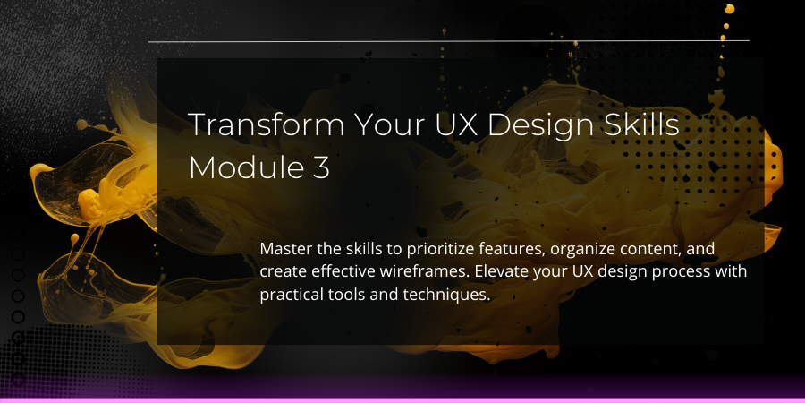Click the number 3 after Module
click(x=321, y=167)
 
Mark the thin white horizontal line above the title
click(x=449, y=40)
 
